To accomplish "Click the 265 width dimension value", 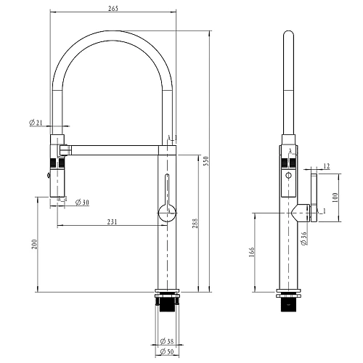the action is [113, 9].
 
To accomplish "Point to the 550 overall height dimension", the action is [206, 161].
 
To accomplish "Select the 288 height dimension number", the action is [195, 224].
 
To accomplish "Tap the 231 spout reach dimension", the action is [112, 221].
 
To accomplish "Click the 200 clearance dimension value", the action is [34, 244].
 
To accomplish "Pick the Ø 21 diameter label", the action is [36, 123].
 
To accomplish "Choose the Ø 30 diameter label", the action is [82, 203].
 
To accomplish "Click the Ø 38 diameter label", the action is [167, 341].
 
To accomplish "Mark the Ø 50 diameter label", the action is [167, 351].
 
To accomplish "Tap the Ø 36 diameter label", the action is [304, 238].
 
